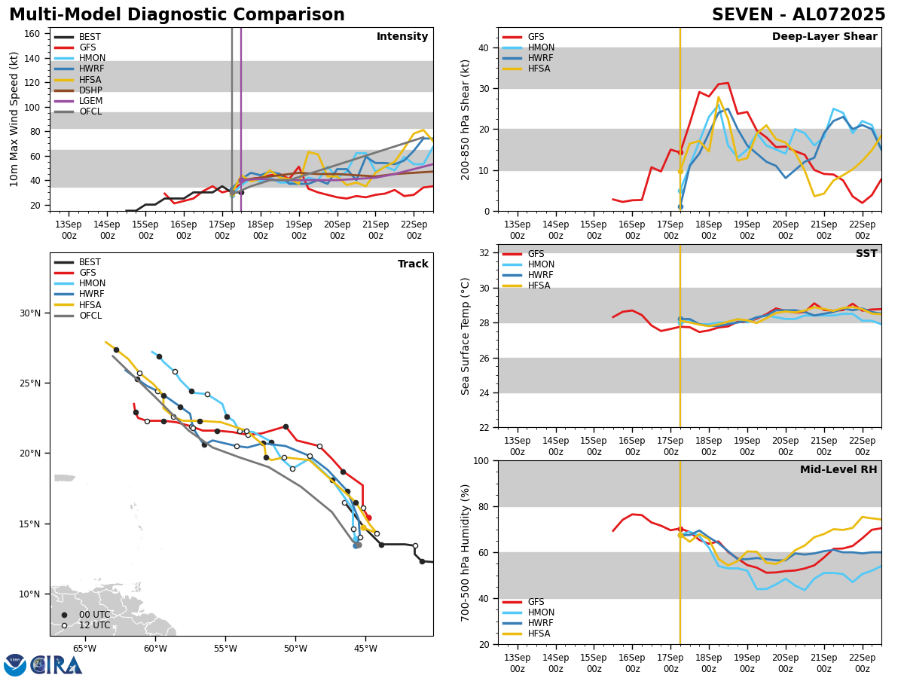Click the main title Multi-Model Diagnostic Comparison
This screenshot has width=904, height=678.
tap(176, 15)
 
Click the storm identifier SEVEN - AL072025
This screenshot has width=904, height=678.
tap(799, 15)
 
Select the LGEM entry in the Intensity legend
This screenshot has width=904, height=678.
tap(90, 101)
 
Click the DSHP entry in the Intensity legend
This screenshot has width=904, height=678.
tap(90, 90)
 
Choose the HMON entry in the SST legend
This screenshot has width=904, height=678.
tap(541, 264)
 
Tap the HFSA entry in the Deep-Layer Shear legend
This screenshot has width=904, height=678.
tap(539, 69)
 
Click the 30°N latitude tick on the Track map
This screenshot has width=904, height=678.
tap(29, 313)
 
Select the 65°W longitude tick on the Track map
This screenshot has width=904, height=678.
tap(84, 649)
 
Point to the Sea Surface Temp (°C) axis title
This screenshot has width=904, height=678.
tap(466, 336)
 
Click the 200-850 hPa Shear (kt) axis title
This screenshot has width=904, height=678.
tap(466, 119)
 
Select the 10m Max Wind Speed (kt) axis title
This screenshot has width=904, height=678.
tap(14, 119)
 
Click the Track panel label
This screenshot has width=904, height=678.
tap(413, 264)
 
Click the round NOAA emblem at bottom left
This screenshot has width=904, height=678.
tap(15, 665)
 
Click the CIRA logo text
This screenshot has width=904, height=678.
tap(56, 665)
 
